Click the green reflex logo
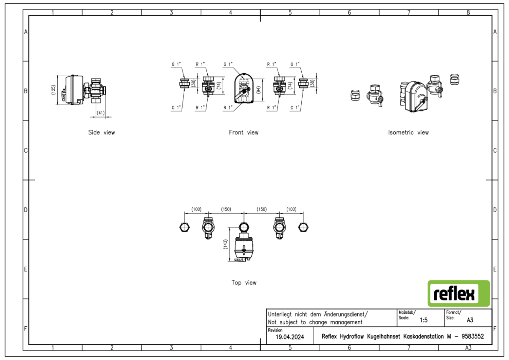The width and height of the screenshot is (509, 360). click(458, 293)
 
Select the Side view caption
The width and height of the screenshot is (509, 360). click(101, 132)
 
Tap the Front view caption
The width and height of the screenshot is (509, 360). click(244, 132)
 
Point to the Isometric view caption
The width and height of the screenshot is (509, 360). click(408, 132)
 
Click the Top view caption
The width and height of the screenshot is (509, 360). click(244, 283)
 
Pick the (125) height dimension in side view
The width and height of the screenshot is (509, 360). click(53, 90)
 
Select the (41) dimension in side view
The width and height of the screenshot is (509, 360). click(101, 113)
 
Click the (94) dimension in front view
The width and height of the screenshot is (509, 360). click(259, 90)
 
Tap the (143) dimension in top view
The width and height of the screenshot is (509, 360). click(225, 244)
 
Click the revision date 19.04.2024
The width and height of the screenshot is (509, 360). click(290, 337)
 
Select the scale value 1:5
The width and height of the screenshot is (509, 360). click(423, 320)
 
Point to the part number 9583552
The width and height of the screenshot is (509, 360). click(472, 336)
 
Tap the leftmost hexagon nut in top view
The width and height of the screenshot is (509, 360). click(185, 227)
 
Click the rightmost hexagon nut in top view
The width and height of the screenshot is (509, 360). click(303, 227)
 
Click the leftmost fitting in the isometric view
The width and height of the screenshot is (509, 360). click(355, 95)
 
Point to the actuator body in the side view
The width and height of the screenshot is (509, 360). click(74, 90)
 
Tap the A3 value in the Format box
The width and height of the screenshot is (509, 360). click(470, 320)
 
